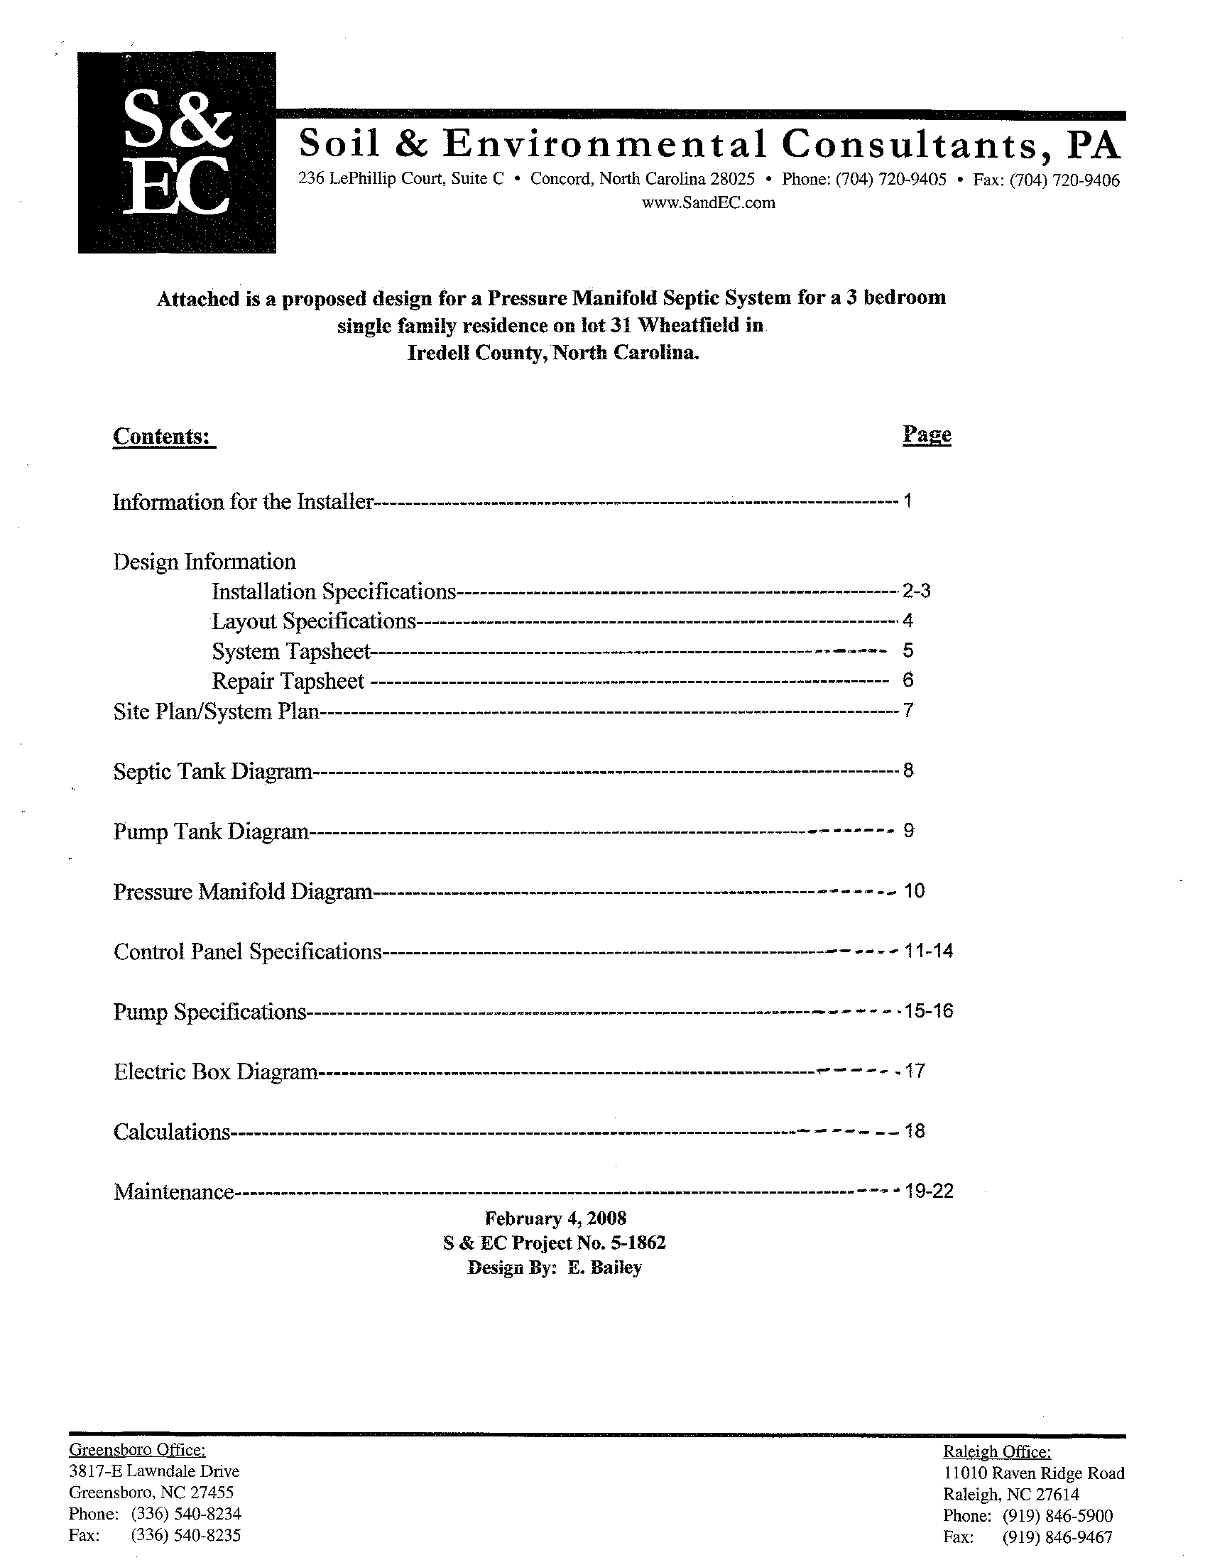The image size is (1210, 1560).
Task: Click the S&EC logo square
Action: [x=176, y=152]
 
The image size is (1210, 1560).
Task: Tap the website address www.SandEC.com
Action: [x=708, y=203]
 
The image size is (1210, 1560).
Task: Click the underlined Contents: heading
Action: [x=163, y=437]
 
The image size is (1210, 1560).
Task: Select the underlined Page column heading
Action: [x=927, y=435]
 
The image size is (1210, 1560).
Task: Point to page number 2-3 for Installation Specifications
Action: [x=917, y=591]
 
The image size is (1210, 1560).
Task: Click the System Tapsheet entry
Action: [x=290, y=651]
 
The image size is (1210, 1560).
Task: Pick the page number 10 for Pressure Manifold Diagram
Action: [x=915, y=890]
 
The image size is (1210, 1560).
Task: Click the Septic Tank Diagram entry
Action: [x=213, y=771]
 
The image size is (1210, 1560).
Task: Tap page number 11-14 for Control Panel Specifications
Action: [x=929, y=951]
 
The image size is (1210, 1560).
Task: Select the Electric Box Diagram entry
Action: [x=215, y=1071]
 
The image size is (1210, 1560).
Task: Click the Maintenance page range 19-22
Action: [x=929, y=1191]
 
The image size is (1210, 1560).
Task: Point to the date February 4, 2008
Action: [x=556, y=1218]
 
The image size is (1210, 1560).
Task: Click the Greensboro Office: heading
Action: [x=137, y=1449]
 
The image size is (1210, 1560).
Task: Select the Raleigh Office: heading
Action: [x=996, y=1451]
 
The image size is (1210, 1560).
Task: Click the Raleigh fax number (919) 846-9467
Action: [x=1057, y=1537]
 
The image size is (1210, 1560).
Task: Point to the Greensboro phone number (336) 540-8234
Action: [x=186, y=1514]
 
